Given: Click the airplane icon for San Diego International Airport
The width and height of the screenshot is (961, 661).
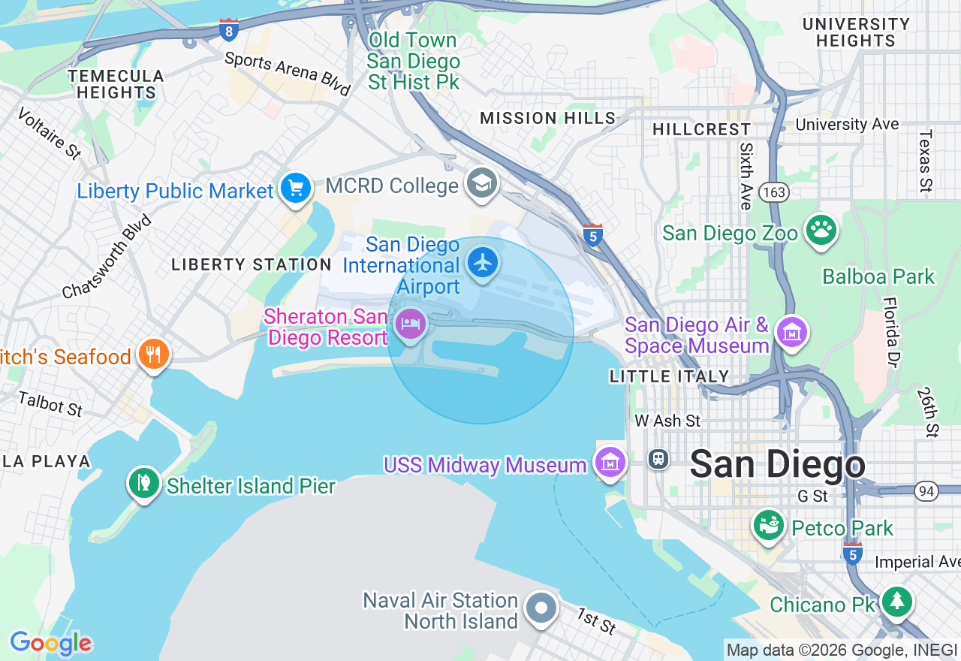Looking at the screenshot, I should click(482, 263).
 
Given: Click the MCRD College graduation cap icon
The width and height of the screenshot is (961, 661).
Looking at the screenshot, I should click(481, 183).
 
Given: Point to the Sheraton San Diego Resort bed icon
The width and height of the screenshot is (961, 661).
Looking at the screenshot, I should click(411, 324).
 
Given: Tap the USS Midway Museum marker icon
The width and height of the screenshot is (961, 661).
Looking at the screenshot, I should click(610, 462).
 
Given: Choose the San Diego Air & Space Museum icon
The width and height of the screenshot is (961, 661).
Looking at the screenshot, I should click(793, 330).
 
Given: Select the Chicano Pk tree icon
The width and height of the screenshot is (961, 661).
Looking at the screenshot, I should click(896, 601).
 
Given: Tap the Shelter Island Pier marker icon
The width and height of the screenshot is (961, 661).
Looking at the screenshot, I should click(143, 482).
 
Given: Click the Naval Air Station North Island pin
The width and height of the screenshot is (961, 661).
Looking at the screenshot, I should click(541, 608).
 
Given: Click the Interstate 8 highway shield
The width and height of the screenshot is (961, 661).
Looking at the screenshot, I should click(230, 30).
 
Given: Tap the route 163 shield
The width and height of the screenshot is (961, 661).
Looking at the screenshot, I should click(773, 193).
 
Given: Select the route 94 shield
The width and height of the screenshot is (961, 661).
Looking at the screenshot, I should click(926, 491).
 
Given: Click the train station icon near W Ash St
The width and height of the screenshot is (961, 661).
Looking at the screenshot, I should click(658, 458).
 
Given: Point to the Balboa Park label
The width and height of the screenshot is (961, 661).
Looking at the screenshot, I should click(878, 277).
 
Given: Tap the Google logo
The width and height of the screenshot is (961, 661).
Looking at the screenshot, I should click(51, 644).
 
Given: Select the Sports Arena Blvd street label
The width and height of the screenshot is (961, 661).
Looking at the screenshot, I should click(288, 74).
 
